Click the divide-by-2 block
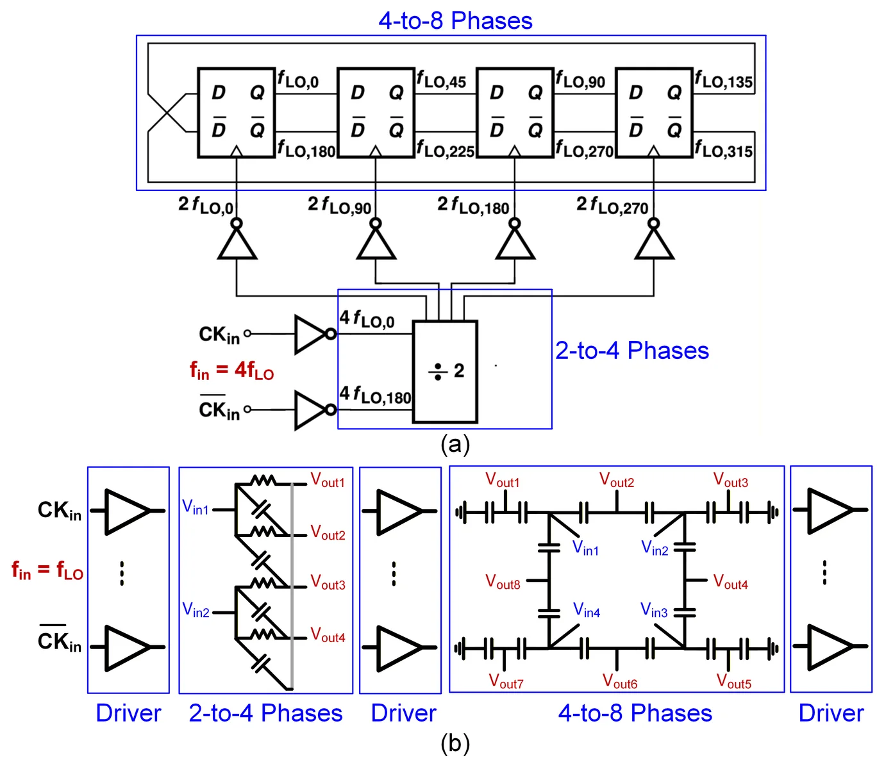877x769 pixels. [444, 371]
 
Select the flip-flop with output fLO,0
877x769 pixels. [236, 113]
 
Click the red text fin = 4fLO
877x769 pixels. [231, 370]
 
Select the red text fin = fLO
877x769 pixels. [47, 570]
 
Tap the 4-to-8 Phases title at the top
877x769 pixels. [455, 20]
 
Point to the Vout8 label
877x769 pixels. [502, 581]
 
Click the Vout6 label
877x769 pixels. [619, 681]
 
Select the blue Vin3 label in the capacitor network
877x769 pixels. [654, 610]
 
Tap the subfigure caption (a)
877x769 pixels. [455, 444]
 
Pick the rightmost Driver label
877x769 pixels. [831, 713]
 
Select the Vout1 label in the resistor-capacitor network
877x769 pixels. [327, 480]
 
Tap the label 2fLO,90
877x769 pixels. [339, 205]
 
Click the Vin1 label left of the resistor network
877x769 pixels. [196, 507]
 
